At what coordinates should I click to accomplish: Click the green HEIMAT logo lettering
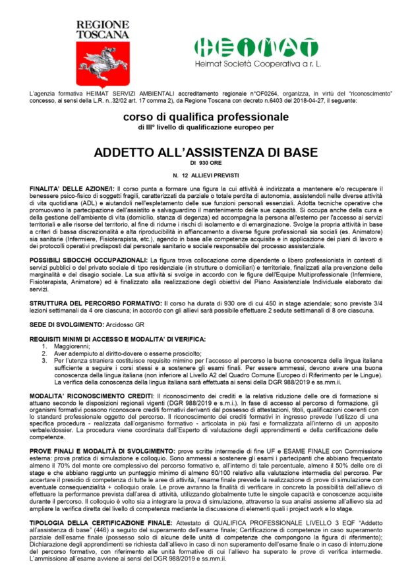tap(252, 47)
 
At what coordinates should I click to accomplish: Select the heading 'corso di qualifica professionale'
tap(206, 117)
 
